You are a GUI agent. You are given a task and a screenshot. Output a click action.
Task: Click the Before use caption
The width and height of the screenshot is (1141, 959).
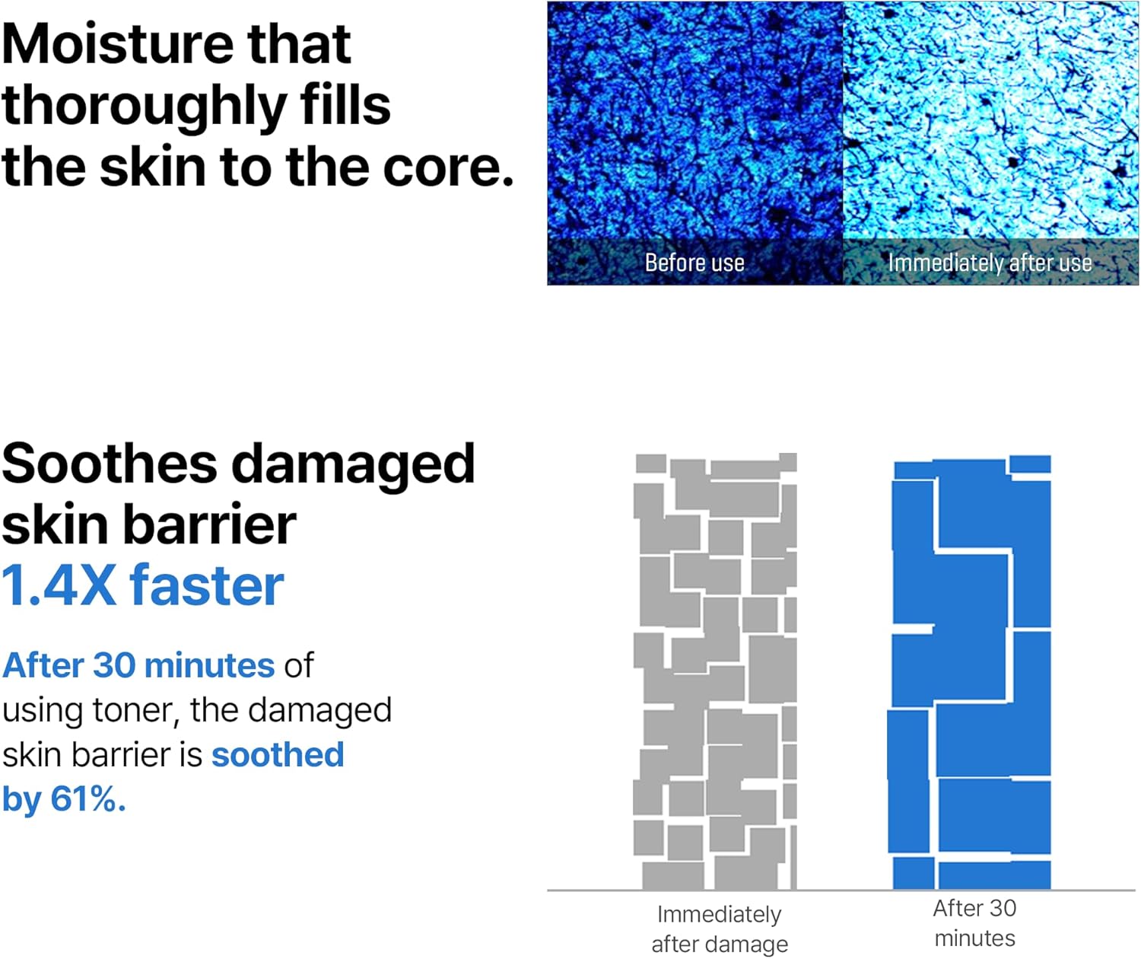694,263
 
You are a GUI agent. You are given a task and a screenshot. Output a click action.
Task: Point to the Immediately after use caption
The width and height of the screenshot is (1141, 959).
990,263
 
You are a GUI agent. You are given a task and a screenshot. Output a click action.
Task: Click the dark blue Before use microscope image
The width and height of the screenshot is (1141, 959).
694,122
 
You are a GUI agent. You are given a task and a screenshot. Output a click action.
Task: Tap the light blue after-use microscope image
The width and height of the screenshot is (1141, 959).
990,122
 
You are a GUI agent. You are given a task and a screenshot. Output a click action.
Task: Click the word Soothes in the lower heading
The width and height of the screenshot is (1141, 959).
109,464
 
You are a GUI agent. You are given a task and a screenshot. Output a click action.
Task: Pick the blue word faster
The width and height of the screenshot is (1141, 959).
207,587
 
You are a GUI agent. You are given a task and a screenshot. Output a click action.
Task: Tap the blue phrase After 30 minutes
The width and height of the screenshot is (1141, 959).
138,666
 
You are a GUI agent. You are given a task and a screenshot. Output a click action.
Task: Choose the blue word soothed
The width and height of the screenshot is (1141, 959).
278,755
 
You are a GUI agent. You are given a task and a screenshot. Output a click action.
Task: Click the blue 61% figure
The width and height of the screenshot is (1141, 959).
87,799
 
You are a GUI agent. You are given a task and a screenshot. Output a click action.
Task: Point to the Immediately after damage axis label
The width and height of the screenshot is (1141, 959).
720,929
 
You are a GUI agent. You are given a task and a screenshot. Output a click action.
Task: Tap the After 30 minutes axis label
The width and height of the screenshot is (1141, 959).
974,923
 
